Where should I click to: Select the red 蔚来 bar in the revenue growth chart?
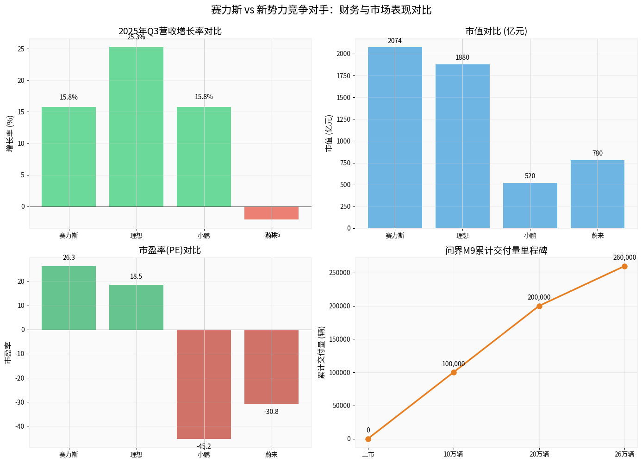271,213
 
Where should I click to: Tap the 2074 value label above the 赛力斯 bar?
394,41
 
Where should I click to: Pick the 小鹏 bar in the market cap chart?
530,206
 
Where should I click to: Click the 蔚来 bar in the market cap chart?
598,194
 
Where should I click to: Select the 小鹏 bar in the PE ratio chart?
204,384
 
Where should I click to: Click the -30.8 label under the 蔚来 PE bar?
271,412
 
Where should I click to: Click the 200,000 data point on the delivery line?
539,306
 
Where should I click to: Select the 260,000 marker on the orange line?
624,266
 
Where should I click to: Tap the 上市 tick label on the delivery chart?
368,455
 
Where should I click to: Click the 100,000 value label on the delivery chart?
453,364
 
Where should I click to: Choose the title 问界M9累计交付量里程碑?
496,250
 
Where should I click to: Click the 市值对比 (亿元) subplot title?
496,31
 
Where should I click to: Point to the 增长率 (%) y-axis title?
10,134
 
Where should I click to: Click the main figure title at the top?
321,10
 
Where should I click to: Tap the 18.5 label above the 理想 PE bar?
136,276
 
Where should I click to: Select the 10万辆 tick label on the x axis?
453,455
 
